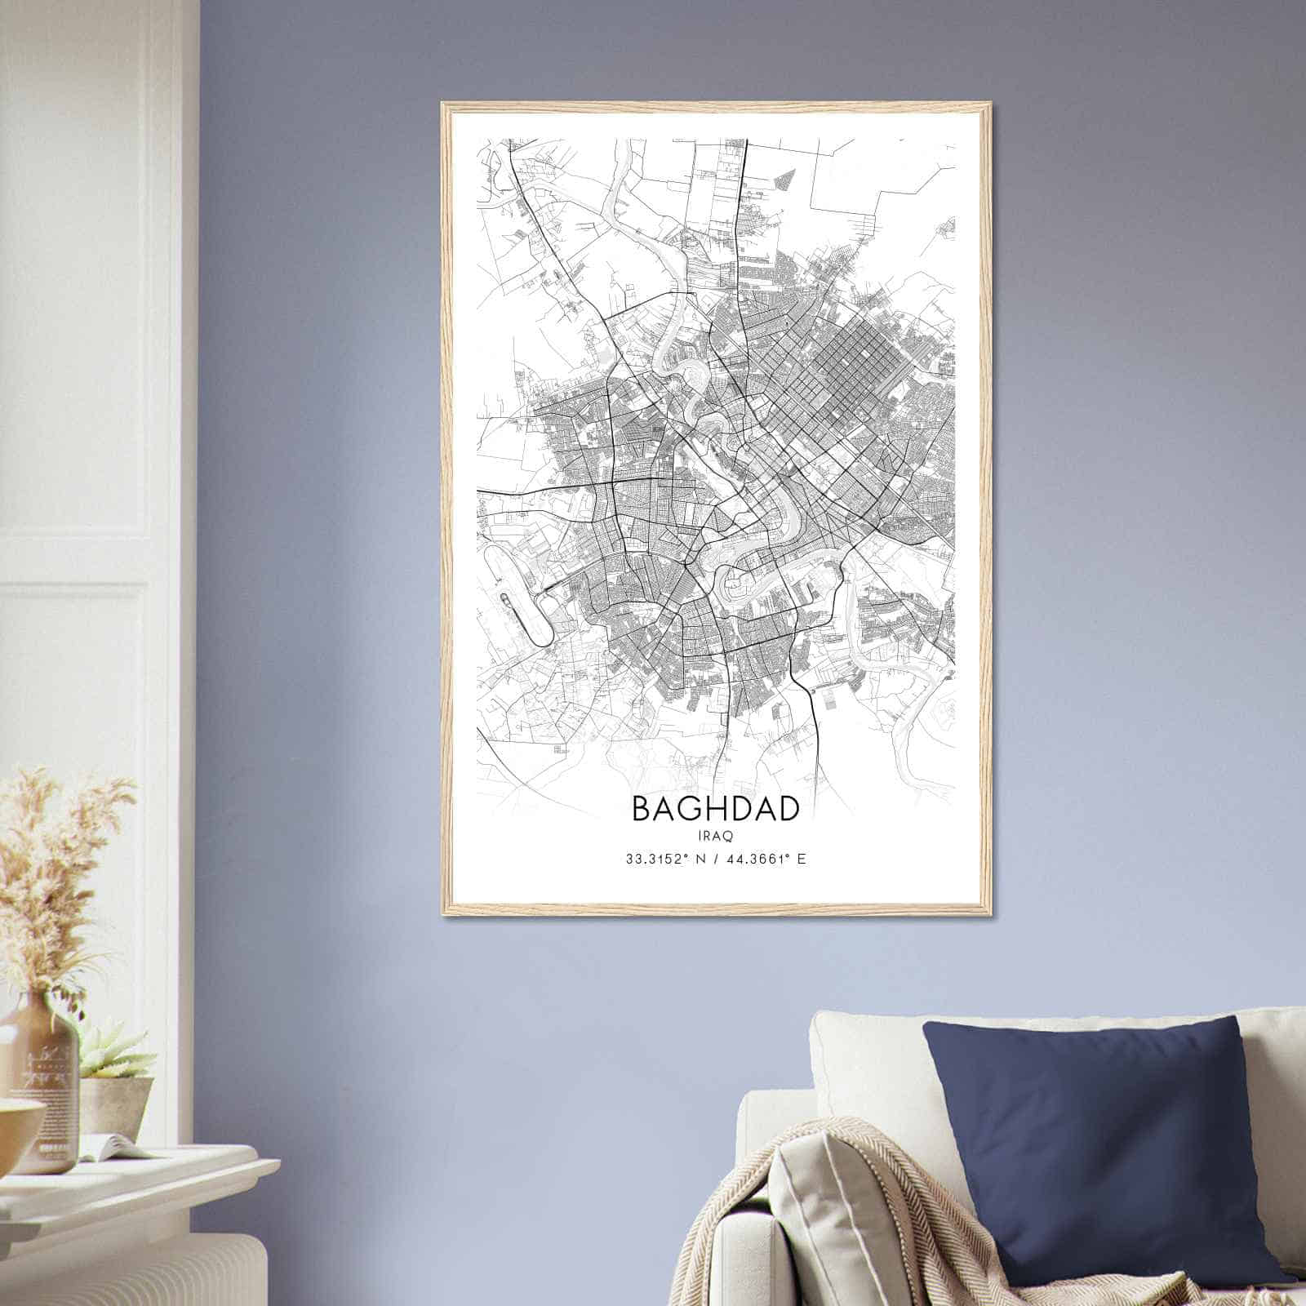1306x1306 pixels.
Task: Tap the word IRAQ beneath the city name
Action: tap(715, 836)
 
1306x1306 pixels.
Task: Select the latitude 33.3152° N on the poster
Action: tap(664, 860)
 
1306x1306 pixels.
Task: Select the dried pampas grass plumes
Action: tap(57, 865)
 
